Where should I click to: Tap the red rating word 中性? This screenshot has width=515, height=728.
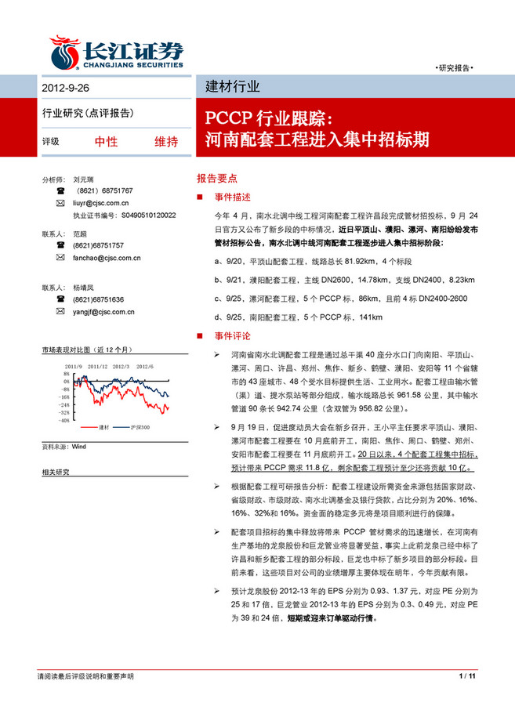[x=106, y=142]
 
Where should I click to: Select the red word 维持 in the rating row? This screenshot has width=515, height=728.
[x=165, y=142]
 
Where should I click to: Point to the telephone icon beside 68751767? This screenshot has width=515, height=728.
[x=60, y=190]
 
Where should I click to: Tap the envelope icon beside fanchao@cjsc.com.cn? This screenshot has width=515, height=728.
[x=60, y=256]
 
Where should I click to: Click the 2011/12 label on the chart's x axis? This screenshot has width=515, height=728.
[x=97, y=365]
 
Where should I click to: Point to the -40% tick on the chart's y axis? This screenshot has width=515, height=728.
[x=63, y=419]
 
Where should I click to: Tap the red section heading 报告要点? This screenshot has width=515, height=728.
[x=222, y=178]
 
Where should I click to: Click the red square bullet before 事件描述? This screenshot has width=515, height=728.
[x=201, y=196]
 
